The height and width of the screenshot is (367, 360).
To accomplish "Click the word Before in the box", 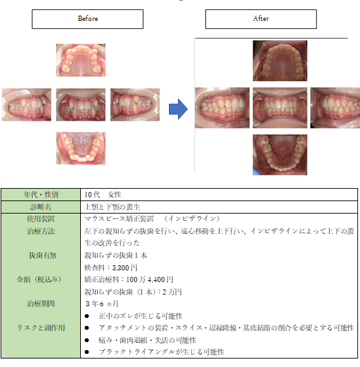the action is [x=87, y=18].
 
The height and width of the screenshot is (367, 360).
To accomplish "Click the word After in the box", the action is [x=261, y=18].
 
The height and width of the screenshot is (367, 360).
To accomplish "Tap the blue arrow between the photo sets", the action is [x=178, y=109].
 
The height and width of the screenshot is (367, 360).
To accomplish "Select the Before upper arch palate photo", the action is [x=81, y=60].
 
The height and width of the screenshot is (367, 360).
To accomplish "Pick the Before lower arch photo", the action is [x=81, y=148].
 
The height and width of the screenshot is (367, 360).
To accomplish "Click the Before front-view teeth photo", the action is [x=81, y=104].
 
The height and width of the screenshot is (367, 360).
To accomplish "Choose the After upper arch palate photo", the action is [x=280, y=61].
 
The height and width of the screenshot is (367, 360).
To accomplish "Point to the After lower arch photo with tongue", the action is [x=280, y=155].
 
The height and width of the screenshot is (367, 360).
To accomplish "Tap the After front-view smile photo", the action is [x=280, y=108].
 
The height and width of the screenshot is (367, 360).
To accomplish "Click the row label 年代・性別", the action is [x=41, y=195].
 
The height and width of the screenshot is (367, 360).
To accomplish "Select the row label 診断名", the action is [x=40, y=207].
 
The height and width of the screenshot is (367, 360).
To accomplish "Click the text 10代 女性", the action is [x=102, y=195].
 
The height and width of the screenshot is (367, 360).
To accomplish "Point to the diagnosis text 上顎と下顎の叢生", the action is [x=112, y=207].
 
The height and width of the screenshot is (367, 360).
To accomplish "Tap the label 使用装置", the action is [x=40, y=219].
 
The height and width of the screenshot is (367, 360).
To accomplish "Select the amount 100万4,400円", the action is [x=149, y=279].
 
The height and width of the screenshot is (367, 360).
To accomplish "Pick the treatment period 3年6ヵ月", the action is [x=102, y=304].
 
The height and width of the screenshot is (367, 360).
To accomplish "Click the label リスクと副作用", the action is [x=41, y=328].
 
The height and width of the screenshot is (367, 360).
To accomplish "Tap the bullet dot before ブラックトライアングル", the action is [x=87, y=352].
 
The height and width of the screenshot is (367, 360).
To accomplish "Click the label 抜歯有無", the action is [x=43, y=255].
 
